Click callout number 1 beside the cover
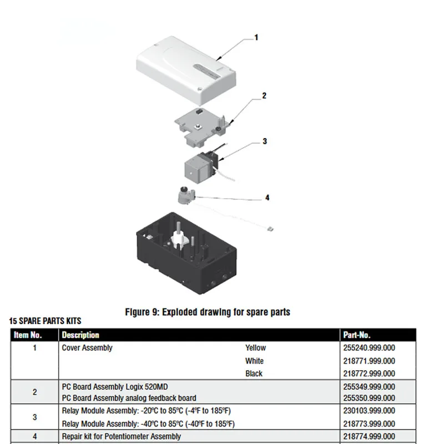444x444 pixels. point(256,37)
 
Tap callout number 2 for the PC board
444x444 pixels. point(264,95)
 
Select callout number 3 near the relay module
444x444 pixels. point(265,142)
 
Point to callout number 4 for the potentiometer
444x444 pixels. point(267,198)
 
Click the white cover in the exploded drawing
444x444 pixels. point(186,70)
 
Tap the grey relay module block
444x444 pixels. point(197,169)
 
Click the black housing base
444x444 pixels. point(186,254)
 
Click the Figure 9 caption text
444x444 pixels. point(208,312)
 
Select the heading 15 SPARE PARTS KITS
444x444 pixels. point(45,321)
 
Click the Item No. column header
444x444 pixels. point(28,335)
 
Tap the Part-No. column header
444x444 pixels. point(356,335)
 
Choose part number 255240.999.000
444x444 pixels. point(369,348)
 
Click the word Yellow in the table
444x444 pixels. point(255,348)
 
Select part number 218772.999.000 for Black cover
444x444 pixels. point(369,374)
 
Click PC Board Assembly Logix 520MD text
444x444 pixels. point(115,387)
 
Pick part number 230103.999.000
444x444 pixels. point(369,411)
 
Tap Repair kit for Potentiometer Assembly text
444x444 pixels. point(121,436)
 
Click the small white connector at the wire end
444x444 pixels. point(270,229)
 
